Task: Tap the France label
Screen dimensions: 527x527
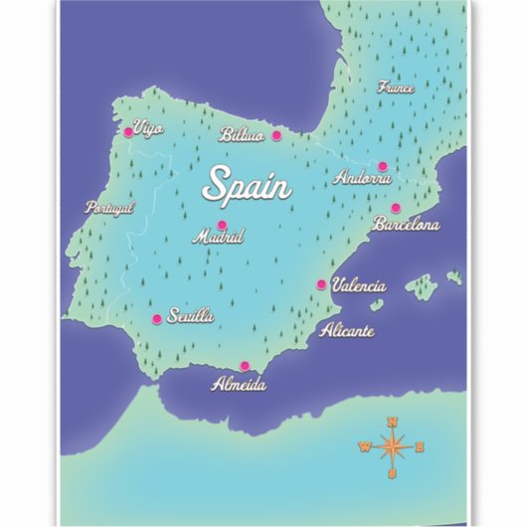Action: click(x=396, y=88)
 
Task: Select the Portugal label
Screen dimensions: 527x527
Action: click(x=109, y=208)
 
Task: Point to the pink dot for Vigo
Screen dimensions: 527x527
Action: click(x=128, y=131)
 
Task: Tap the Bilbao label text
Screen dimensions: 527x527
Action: click(x=242, y=135)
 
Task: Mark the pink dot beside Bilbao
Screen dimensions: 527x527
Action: click(x=276, y=135)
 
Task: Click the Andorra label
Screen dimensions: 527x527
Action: click(x=363, y=179)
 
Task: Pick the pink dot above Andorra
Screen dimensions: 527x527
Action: click(x=382, y=166)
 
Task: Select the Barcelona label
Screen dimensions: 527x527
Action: click(x=406, y=226)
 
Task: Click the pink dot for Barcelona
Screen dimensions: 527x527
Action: click(x=395, y=209)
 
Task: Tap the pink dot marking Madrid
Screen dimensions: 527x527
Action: click(x=222, y=225)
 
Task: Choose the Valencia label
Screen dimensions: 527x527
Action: click(x=358, y=285)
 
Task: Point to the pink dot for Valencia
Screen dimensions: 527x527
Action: click(x=321, y=284)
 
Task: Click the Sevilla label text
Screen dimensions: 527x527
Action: click(x=191, y=317)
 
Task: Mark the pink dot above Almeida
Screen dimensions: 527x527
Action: click(x=245, y=365)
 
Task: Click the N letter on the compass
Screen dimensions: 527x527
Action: click(x=393, y=421)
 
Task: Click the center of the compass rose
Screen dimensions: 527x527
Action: click(x=393, y=446)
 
